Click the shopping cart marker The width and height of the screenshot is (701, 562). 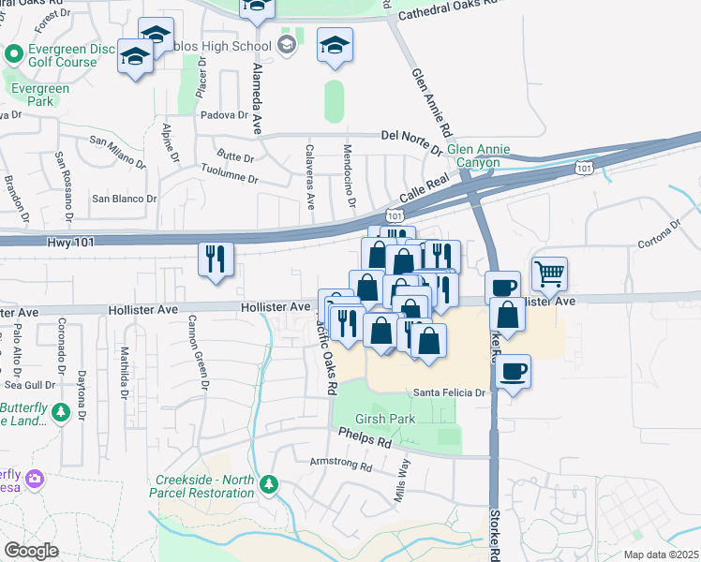coord(549,274)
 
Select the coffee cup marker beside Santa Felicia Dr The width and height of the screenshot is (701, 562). coord(514,371)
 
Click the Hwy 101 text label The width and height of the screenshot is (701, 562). coord(71,242)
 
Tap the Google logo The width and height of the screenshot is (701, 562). coord(30,551)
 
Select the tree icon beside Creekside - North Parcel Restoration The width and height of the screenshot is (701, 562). coord(270,484)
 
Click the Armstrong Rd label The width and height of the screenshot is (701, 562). coord(341,464)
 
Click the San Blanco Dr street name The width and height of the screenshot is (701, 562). coord(123,199)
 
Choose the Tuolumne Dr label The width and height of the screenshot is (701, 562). coord(230,172)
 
